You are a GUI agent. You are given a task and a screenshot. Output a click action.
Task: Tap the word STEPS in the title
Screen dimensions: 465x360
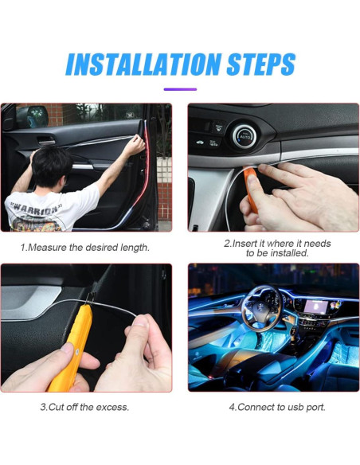[x=252, y=64]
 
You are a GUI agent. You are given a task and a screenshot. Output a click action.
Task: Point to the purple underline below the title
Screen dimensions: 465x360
[x=180, y=89]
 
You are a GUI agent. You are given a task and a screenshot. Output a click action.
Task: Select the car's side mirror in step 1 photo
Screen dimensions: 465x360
[x=31, y=116]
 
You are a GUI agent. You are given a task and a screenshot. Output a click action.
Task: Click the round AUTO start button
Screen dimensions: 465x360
[x=243, y=137]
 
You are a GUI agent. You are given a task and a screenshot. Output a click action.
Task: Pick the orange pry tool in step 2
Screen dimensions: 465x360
[x=253, y=189]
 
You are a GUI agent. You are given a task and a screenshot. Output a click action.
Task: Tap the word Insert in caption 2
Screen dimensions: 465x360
[x=246, y=243]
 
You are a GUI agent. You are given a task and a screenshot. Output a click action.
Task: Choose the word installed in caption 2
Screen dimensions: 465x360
[x=288, y=253]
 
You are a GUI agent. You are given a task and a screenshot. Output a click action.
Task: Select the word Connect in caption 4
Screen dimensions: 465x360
[x=256, y=407]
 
